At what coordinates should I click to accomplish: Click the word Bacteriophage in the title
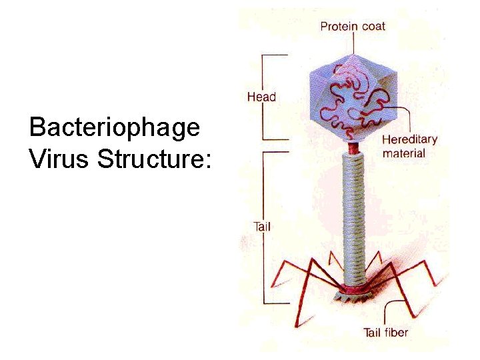coord(115,128)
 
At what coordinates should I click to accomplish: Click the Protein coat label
coord(353,27)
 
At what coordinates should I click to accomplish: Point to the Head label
coord(261,97)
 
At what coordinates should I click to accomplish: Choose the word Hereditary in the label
coord(409,140)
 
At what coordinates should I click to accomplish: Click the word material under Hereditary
coord(403,153)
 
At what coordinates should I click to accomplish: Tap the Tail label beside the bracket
coord(262,227)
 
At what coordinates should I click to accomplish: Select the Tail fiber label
coord(385,332)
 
